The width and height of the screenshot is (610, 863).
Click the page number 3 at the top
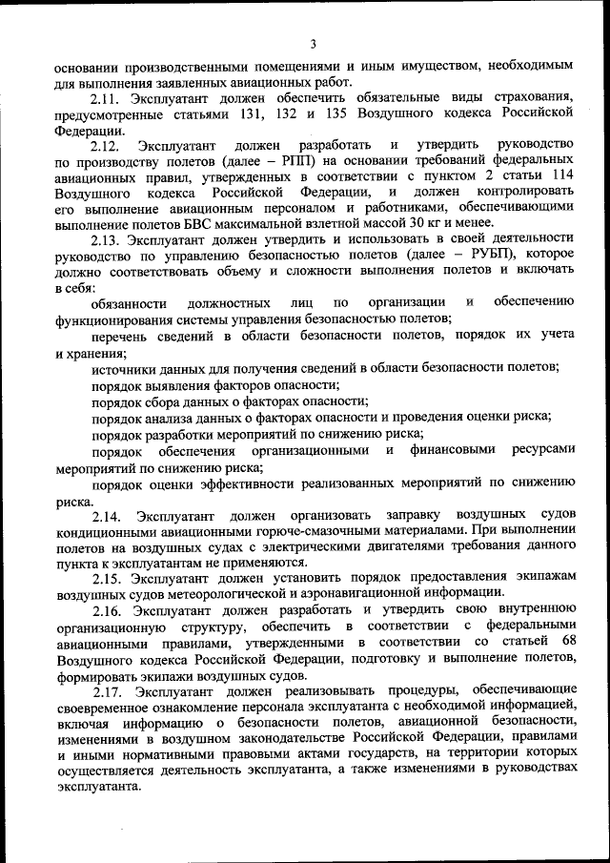tap(313, 43)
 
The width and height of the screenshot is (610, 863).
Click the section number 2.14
tap(106, 516)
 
